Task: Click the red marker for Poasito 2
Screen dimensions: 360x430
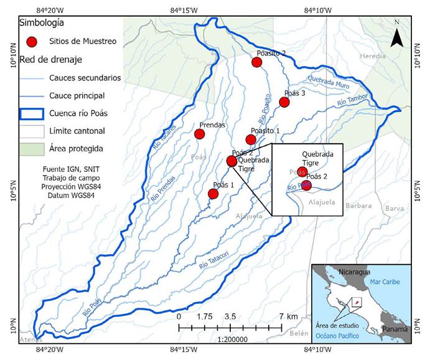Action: point(256,62)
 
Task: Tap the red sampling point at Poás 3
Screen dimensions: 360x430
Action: point(284,102)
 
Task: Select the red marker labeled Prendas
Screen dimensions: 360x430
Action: point(200,134)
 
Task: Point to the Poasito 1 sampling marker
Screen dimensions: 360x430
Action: point(250,140)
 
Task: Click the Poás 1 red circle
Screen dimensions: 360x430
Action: point(213,194)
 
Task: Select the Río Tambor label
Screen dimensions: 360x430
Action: point(352,97)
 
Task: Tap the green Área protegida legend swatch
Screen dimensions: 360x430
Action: point(32,149)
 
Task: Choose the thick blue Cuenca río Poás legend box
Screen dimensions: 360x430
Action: point(32,114)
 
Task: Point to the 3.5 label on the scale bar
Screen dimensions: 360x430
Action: point(230,316)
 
